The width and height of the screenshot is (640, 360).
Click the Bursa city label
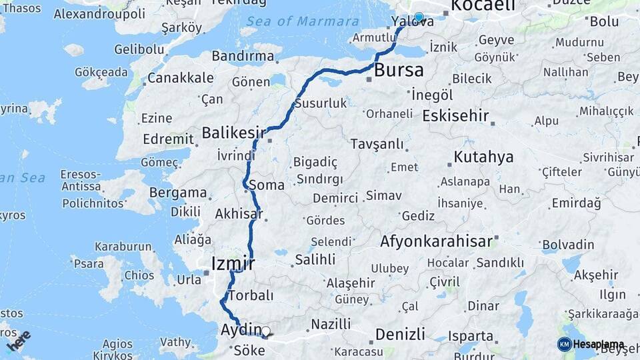pos(399,69)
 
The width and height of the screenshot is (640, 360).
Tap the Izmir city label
pos(233,263)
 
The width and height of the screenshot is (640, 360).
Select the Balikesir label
pos(229,132)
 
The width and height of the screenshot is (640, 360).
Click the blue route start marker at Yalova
pos(419,17)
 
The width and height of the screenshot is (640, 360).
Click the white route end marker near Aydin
pos(266,331)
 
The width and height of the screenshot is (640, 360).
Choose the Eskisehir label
pos(456,115)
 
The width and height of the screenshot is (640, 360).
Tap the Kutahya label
pos(484,157)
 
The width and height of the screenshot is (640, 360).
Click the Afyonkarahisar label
pos(437,241)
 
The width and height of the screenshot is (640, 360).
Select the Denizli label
pos(400,333)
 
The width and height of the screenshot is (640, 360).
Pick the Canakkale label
pos(171,78)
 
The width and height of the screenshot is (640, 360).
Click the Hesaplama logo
pos(591,344)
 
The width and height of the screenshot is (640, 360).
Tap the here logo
pos(18,341)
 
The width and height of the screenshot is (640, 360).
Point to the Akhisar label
pos(238,215)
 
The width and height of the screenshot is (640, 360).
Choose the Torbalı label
pos(251,295)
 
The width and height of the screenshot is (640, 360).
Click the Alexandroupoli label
pos(99,13)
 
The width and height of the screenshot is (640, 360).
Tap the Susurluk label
pos(321,103)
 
